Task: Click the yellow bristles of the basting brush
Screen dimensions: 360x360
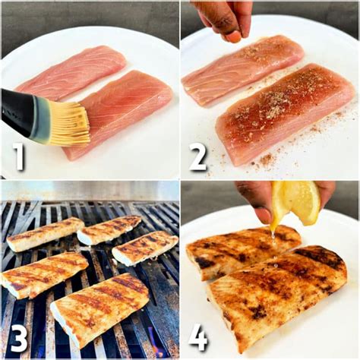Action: coord(68,124)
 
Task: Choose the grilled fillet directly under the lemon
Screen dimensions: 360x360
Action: coord(243,251)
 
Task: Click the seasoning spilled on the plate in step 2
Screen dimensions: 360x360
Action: coord(266,160)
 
